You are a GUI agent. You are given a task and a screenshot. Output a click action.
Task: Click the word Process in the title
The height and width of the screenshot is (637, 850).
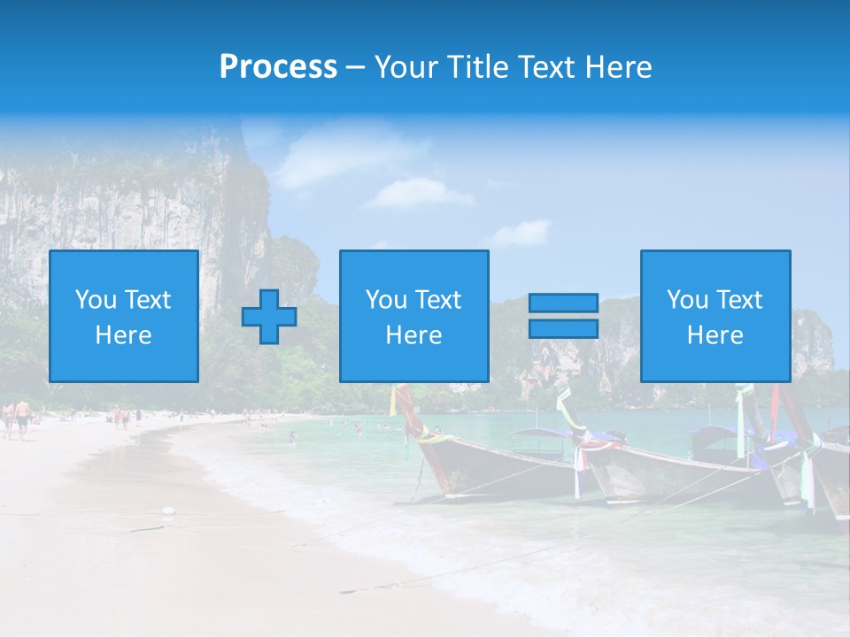click(x=278, y=67)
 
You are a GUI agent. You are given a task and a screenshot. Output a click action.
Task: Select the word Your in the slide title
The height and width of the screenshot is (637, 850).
click(x=404, y=67)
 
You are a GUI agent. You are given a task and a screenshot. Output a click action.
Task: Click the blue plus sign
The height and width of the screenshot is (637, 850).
click(x=269, y=317)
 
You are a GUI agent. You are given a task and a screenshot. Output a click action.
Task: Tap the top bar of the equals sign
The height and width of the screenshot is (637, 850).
click(x=563, y=303)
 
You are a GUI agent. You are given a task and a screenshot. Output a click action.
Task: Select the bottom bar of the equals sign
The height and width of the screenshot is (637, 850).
click(x=563, y=328)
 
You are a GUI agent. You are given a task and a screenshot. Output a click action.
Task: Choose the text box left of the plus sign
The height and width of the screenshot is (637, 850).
click(x=124, y=316)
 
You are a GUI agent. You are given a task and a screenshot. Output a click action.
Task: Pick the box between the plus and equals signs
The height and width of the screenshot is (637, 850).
click(x=413, y=316)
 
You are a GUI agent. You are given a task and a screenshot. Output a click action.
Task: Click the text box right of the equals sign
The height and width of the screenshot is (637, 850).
click(x=715, y=316)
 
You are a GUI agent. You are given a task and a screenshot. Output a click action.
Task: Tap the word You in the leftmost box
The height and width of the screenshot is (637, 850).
click(x=96, y=300)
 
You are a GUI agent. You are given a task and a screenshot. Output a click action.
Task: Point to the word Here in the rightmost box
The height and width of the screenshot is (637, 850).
click(x=715, y=335)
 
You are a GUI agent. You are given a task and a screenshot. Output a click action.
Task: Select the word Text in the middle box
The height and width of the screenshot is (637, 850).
click(x=438, y=300)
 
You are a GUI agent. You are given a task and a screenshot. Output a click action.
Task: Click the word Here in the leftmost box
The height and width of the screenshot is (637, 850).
click(x=124, y=335)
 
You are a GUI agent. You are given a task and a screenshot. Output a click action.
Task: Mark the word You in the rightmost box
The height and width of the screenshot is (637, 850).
click(x=687, y=300)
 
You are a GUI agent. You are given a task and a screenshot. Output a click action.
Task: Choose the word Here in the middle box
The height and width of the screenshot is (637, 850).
click(x=413, y=335)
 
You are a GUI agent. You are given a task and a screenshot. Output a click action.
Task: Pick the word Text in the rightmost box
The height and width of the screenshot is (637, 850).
click(x=739, y=300)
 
